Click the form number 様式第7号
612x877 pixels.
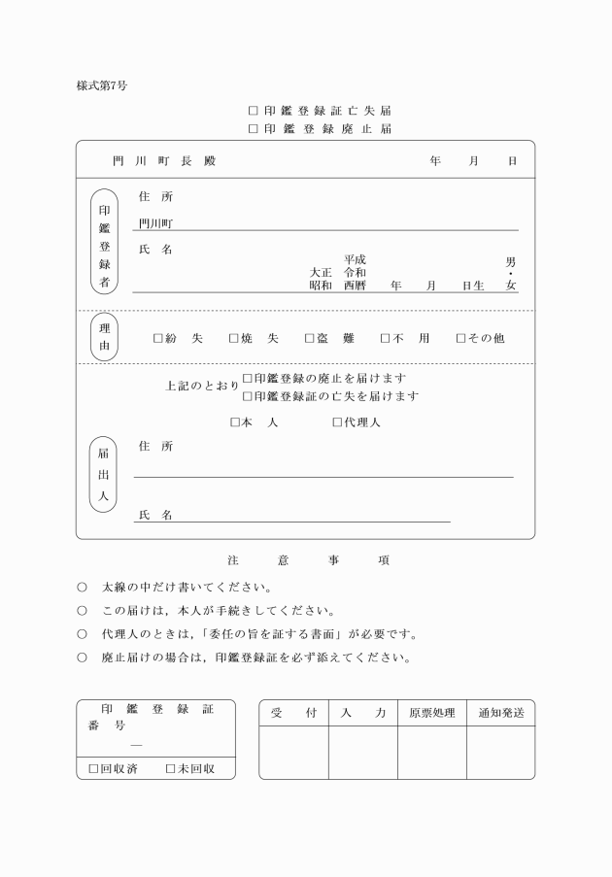click(x=101, y=85)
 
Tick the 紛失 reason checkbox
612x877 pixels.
click(x=158, y=339)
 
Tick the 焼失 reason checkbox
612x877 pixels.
click(x=233, y=339)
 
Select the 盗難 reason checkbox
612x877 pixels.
click(x=309, y=339)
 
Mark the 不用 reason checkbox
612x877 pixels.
click(x=385, y=339)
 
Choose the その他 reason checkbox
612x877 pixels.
click(x=460, y=339)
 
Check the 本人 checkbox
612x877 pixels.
click(x=234, y=422)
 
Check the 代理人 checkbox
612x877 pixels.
click(x=337, y=422)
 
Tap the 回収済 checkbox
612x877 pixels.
click(x=94, y=769)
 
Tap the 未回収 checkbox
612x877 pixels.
click(x=170, y=769)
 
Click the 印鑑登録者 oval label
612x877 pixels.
click(x=104, y=247)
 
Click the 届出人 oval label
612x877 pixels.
click(x=104, y=473)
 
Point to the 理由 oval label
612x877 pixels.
click(x=104, y=337)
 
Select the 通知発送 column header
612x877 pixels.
click(x=500, y=713)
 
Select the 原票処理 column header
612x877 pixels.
click(x=431, y=713)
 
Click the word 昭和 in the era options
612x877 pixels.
click(x=321, y=286)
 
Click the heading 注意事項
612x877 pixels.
click(x=307, y=560)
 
